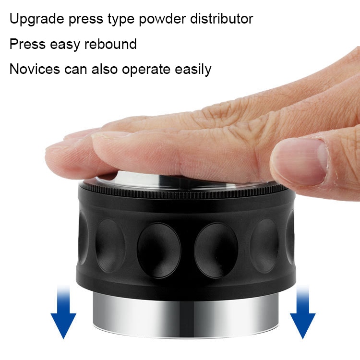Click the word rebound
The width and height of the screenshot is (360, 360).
pos(110,44)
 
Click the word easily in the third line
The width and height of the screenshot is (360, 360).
pos(193,70)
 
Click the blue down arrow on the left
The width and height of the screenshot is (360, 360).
pos(63,314)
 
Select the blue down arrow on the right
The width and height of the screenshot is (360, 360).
pos(302,314)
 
